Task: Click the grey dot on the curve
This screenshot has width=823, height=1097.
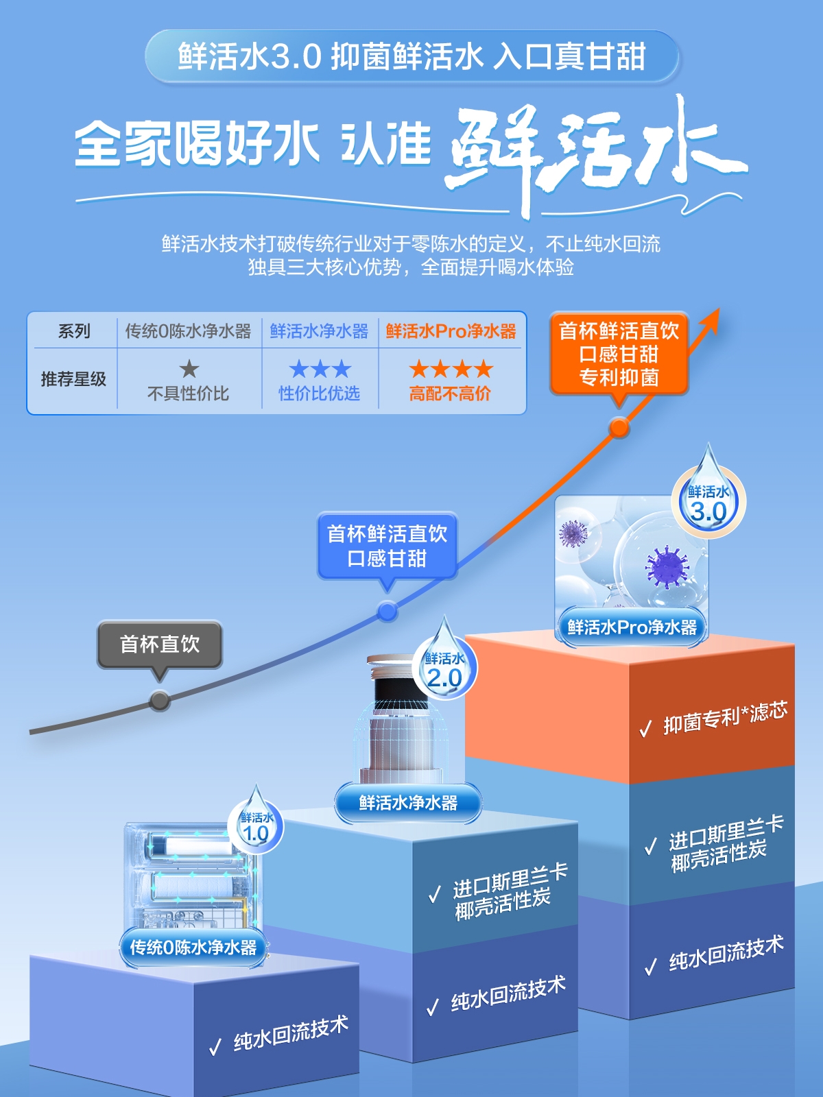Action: click(x=160, y=701)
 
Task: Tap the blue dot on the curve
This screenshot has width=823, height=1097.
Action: click(x=387, y=611)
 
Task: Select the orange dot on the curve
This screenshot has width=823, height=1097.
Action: click(x=619, y=429)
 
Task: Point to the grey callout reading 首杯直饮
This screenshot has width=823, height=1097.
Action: click(x=160, y=644)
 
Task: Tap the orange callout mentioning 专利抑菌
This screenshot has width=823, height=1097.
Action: click(x=619, y=354)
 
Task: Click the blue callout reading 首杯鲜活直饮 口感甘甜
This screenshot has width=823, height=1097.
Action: click(x=387, y=546)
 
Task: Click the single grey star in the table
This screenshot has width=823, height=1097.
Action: click(x=189, y=370)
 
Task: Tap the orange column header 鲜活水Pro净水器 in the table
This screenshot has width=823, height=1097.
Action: click(x=451, y=331)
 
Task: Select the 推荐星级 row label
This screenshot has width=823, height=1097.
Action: click(x=73, y=379)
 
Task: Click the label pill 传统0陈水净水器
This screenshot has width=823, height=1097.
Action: click(x=193, y=948)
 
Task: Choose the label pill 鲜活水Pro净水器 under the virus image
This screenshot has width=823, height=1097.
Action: click(x=632, y=627)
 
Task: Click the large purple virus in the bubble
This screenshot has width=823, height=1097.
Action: click(x=666, y=566)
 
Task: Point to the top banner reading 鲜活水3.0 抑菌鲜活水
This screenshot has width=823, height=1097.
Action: click(x=411, y=56)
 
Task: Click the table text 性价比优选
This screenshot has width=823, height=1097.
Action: click(x=319, y=394)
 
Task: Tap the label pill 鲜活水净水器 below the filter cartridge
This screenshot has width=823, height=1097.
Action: click(x=408, y=802)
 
